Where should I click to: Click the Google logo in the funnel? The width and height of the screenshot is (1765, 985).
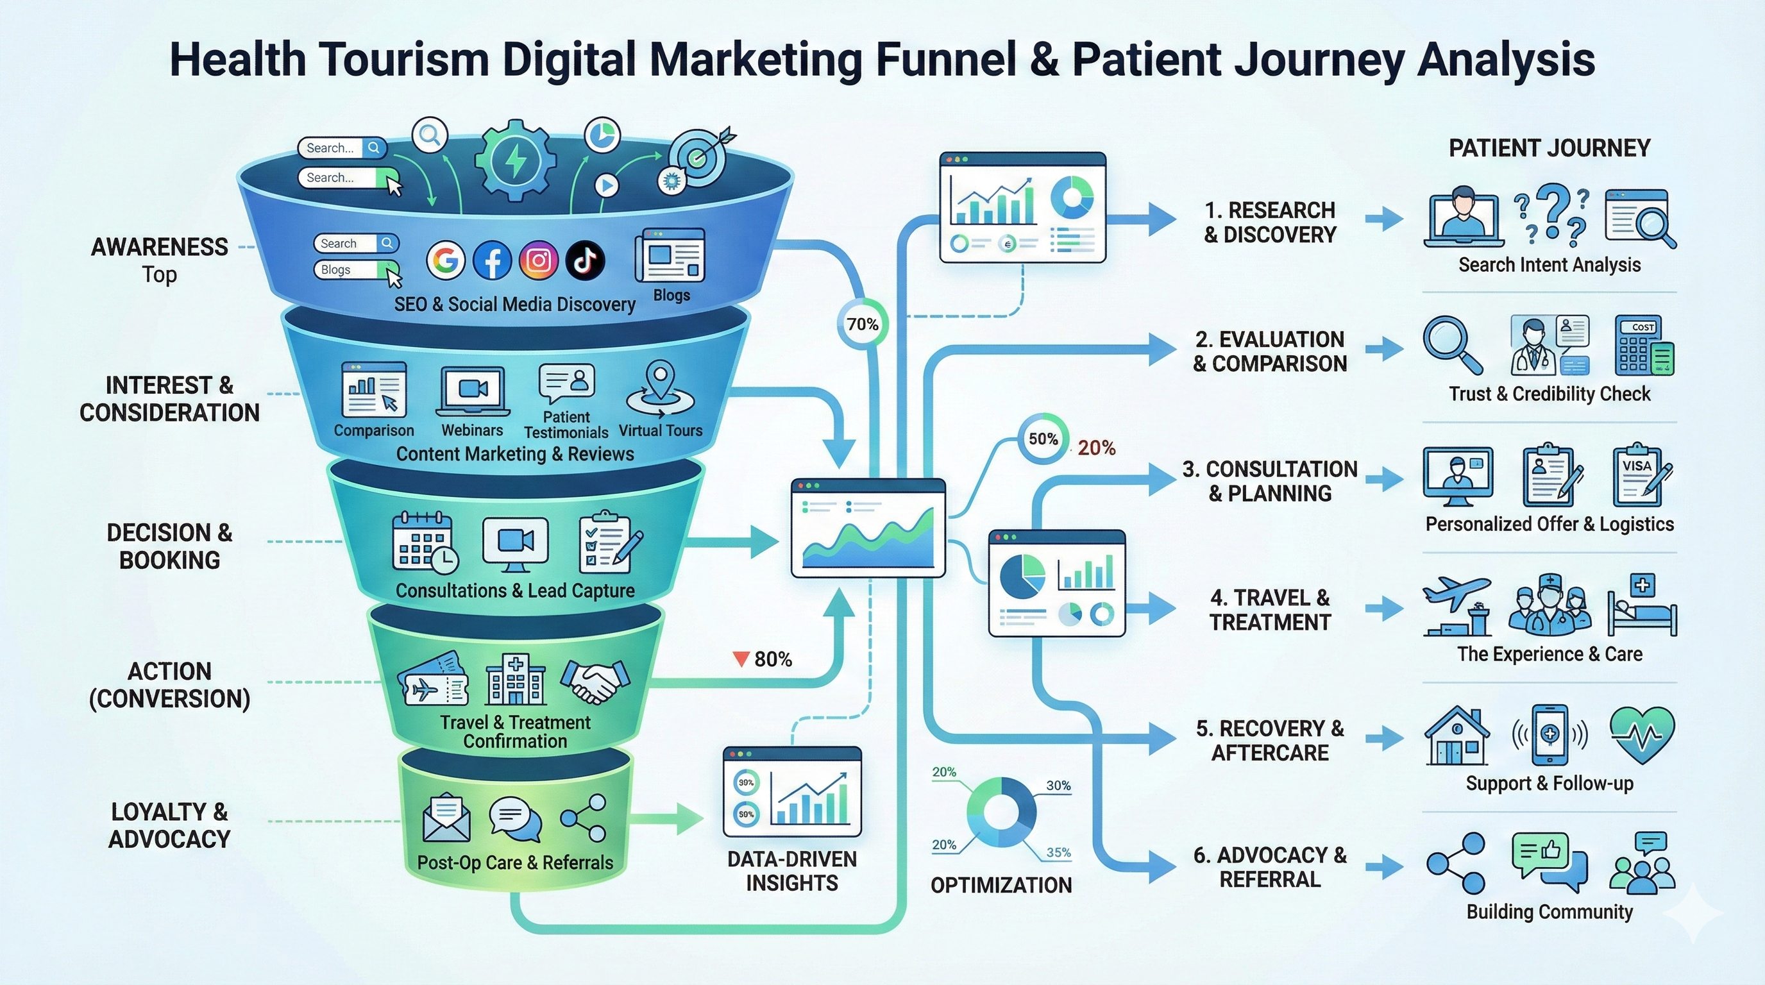(445, 260)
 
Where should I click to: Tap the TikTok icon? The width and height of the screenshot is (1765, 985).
(585, 260)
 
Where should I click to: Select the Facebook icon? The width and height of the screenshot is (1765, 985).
(492, 260)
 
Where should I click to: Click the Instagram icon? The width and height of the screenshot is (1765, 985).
(539, 260)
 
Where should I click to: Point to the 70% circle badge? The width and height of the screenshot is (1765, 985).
(862, 324)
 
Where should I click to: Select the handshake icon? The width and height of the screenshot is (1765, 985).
(594, 681)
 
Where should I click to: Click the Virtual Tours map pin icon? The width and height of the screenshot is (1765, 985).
(660, 391)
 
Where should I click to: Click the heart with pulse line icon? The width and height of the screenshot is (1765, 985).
(1642, 736)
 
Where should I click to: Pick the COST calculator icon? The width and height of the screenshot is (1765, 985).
(1643, 346)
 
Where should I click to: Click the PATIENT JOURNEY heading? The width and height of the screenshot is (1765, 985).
(1549, 149)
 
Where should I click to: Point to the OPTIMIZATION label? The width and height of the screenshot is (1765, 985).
(1001, 885)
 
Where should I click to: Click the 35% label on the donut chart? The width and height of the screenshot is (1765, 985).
(1058, 853)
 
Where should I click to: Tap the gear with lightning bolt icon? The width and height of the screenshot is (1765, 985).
(516, 160)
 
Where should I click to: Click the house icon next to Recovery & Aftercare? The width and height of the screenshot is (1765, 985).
(1457, 736)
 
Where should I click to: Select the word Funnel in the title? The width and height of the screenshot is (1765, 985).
(945, 60)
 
